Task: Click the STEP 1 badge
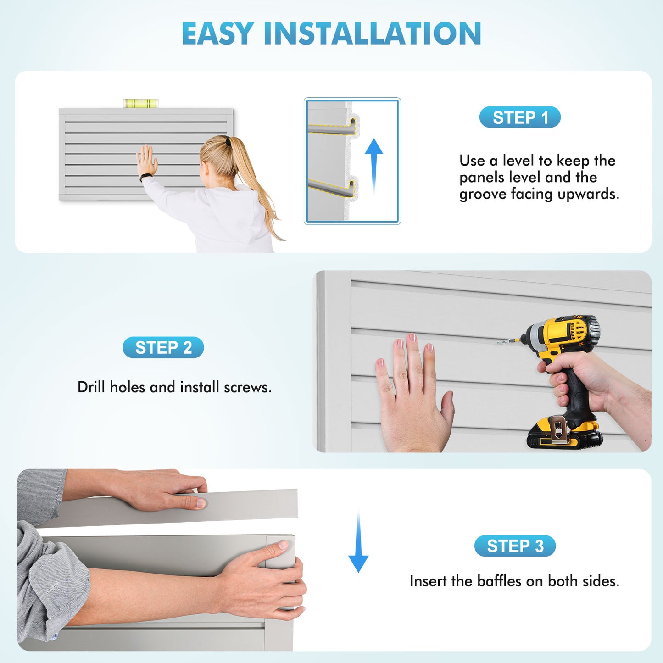pyautogui.click(x=520, y=117)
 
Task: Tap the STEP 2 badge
pyautogui.click(x=163, y=348)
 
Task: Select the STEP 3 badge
pyautogui.click(x=515, y=546)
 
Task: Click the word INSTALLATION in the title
pyautogui.click(x=372, y=33)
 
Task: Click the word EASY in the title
pyautogui.click(x=218, y=33)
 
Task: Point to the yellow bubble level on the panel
pyautogui.click(x=141, y=103)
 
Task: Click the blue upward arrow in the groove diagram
pyautogui.click(x=374, y=163)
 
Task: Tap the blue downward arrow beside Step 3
pyautogui.click(x=358, y=544)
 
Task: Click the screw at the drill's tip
pyautogui.click(x=505, y=341)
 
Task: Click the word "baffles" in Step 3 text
pyautogui.click(x=499, y=581)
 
